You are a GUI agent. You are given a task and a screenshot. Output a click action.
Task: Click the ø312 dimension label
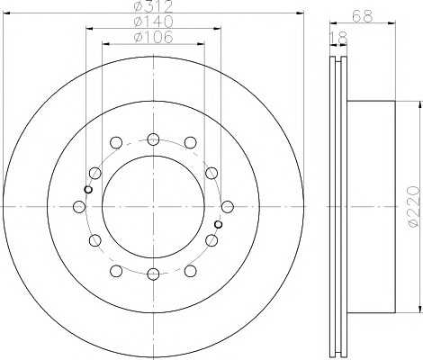click(154, 4)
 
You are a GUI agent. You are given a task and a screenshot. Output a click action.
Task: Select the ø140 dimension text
click(154, 21)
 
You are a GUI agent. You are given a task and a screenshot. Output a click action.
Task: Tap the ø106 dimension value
click(154, 37)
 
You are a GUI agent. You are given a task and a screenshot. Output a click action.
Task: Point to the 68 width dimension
click(363, 16)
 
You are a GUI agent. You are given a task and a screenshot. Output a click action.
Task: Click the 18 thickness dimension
click(338, 38)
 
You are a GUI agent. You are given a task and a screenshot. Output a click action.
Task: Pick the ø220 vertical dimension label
click(413, 207)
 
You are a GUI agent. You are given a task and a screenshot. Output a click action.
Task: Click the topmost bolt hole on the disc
click(153, 139)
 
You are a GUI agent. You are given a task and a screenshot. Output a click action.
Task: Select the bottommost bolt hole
click(153, 274)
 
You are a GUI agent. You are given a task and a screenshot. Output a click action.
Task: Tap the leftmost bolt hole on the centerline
click(79, 207)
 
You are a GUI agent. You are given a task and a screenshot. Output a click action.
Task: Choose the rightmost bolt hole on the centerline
click(228, 206)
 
